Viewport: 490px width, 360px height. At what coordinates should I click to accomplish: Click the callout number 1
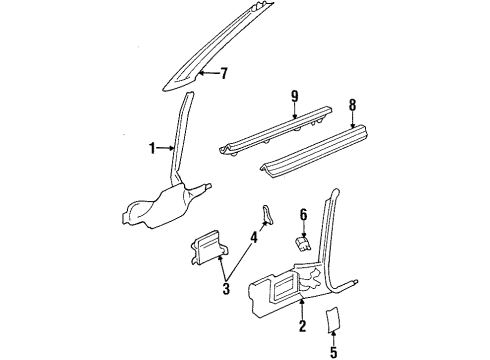point(153,149)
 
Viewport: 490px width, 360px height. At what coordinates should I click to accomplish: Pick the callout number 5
point(334,351)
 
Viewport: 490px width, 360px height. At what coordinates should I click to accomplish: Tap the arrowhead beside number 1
point(171,149)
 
